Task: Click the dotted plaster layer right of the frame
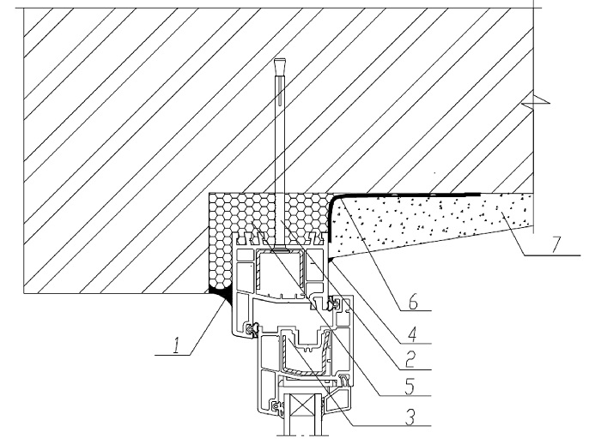[x=429, y=223]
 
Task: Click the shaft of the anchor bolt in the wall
[x=278, y=137]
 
